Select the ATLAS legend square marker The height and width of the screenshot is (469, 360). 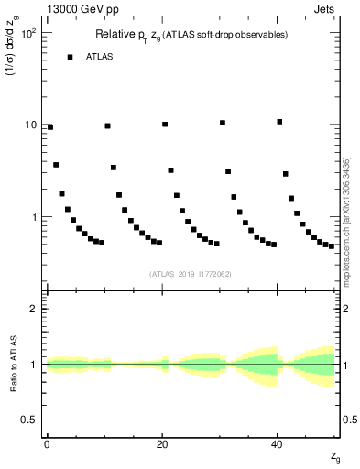tap(70, 57)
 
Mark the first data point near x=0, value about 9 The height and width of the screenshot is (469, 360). tap(50, 127)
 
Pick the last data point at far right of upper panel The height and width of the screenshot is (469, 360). tap(331, 246)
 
